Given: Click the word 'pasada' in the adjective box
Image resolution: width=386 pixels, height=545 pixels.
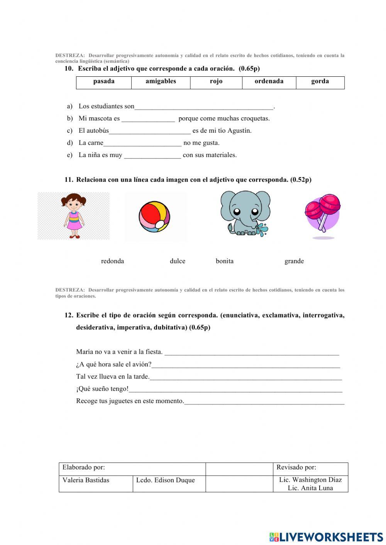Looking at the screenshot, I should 104,81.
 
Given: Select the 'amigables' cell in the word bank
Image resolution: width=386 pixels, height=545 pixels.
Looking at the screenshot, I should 161,81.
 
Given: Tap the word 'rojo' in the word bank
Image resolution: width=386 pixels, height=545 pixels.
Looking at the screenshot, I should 216,81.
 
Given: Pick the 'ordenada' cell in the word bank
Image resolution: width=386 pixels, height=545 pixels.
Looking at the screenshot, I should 269,81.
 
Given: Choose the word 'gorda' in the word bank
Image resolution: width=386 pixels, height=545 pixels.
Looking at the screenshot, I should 320,81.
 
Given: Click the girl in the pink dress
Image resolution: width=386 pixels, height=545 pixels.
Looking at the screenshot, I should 73,216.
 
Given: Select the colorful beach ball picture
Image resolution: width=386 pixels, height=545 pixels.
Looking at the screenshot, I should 154,217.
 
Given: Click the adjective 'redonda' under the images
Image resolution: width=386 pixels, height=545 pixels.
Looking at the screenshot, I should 112,261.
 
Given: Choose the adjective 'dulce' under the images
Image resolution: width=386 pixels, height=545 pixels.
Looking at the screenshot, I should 178,261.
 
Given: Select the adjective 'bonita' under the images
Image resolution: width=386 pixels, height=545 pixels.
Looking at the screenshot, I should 225,261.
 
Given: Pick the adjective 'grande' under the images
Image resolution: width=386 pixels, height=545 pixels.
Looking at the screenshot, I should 294,261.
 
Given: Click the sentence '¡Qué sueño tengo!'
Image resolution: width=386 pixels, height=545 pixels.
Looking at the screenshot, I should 102,389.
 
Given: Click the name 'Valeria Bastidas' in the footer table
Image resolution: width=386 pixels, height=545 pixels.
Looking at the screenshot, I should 86,480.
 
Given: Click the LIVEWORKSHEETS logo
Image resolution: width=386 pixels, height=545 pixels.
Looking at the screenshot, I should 326,537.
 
